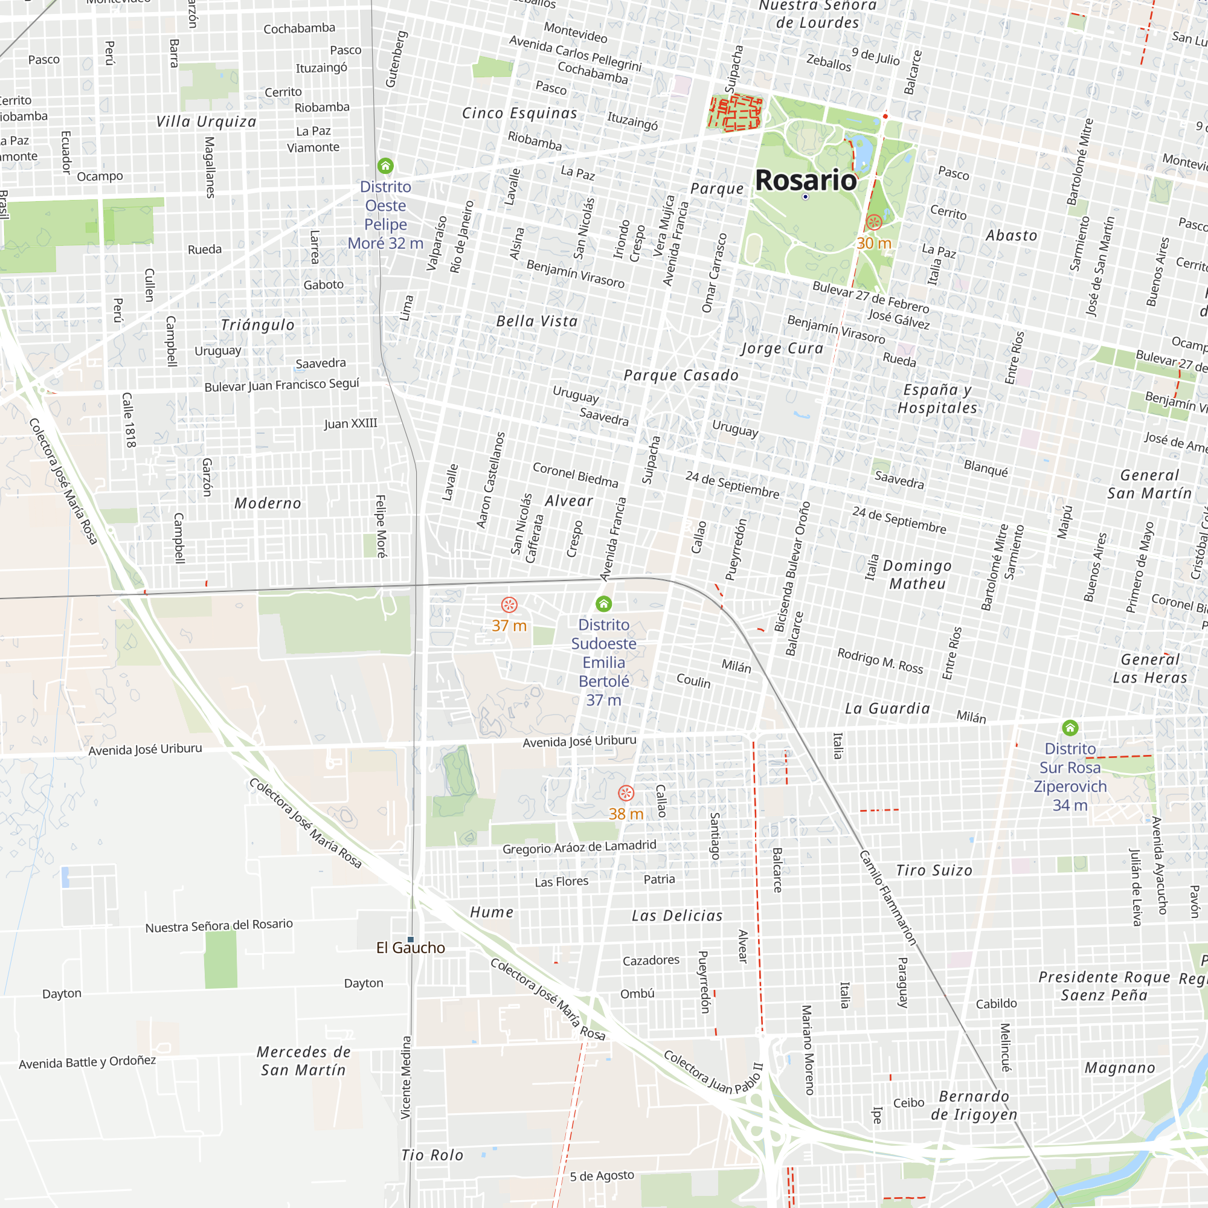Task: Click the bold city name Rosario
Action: pyautogui.click(x=806, y=180)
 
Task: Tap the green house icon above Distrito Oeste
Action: pyautogui.click(x=386, y=165)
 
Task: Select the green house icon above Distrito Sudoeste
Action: pyautogui.click(x=603, y=603)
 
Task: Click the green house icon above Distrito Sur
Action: pyautogui.click(x=1070, y=727)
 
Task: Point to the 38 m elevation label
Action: pyautogui.click(x=626, y=814)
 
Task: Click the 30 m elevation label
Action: pyautogui.click(x=873, y=243)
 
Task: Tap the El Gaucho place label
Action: pyautogui.click(x=411, y=948)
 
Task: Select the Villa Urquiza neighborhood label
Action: pyautogui.click(x=207, y=121)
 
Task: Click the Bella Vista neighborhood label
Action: pyautogui.click(x=536, y=321)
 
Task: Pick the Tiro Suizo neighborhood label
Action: pyautogui.click(x=934, y=870)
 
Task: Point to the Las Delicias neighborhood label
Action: pyautogui.click(x=677, y=916)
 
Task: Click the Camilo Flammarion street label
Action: pyautogui.click(x=888, y=898)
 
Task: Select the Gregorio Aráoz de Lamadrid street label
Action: pyautogui.click(x=580, y=847)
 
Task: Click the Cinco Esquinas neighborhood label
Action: pyautogui.click(x=519, y=113)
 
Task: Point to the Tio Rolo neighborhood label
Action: pyautogui.click(x=432, y=1155)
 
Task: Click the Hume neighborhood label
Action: pyautogui.click(x=492, y=912)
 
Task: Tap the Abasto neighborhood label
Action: pyautogui.click(x=1011, y=235)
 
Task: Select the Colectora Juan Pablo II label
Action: pyautogui.click(x=713, y=1071)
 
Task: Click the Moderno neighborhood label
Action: pyautogui.click(x=268, y=503)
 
